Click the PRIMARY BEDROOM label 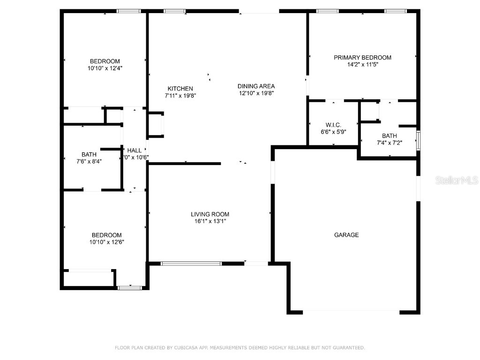click(362, 58)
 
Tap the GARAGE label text click(346, 235)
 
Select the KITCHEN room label click(180, 89)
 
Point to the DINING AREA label click(256, 86)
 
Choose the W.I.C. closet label click(333, 125)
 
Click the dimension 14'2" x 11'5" click(362, 65)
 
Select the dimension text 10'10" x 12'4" click(105, 68)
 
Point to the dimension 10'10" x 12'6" click(106, 242)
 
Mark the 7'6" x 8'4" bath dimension click(89, 161)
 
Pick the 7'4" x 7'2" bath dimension click(389, 142)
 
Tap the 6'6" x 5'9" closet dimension click(333, 132)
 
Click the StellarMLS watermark click(457, 180)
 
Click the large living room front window click(191, 263)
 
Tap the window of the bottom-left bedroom click(129, 287)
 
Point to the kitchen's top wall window click(174, 11)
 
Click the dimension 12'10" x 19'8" click(256, 93)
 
